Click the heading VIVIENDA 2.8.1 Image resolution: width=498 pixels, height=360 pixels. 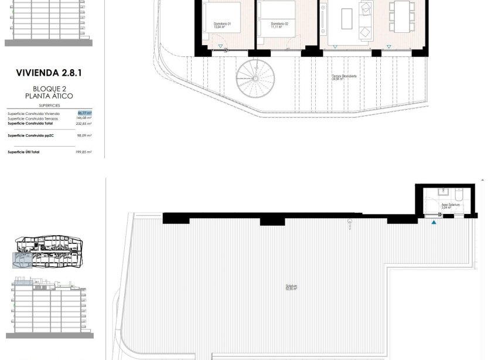coord(52,73)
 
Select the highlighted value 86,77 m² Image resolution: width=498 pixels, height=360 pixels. coord(85,113)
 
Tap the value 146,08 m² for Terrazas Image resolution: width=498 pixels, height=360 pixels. coord(85,118)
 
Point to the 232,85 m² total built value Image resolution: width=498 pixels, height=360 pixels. coord(85,124)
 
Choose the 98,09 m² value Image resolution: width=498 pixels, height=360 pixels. coord(85,135)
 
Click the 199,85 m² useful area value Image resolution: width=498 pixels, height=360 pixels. coord(85,151)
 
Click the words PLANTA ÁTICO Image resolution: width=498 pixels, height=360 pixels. coord(53,96)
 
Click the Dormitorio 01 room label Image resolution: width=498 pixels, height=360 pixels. coord(222,25)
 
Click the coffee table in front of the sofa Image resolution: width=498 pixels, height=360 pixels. coord(348,15)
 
